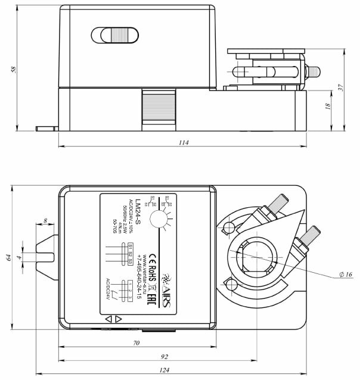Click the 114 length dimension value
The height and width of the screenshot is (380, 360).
pyautogui.click(x=182, y=142)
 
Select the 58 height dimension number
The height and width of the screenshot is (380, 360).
pyautogui.click(x=13, y=69)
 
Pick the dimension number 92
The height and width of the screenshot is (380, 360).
pyautogui.click(x=165, y=357)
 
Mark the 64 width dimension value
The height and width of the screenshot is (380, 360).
pyautogui.click(x=8, y=257)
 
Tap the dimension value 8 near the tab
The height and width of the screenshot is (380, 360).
pyautogui.click(x=46, y=222)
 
